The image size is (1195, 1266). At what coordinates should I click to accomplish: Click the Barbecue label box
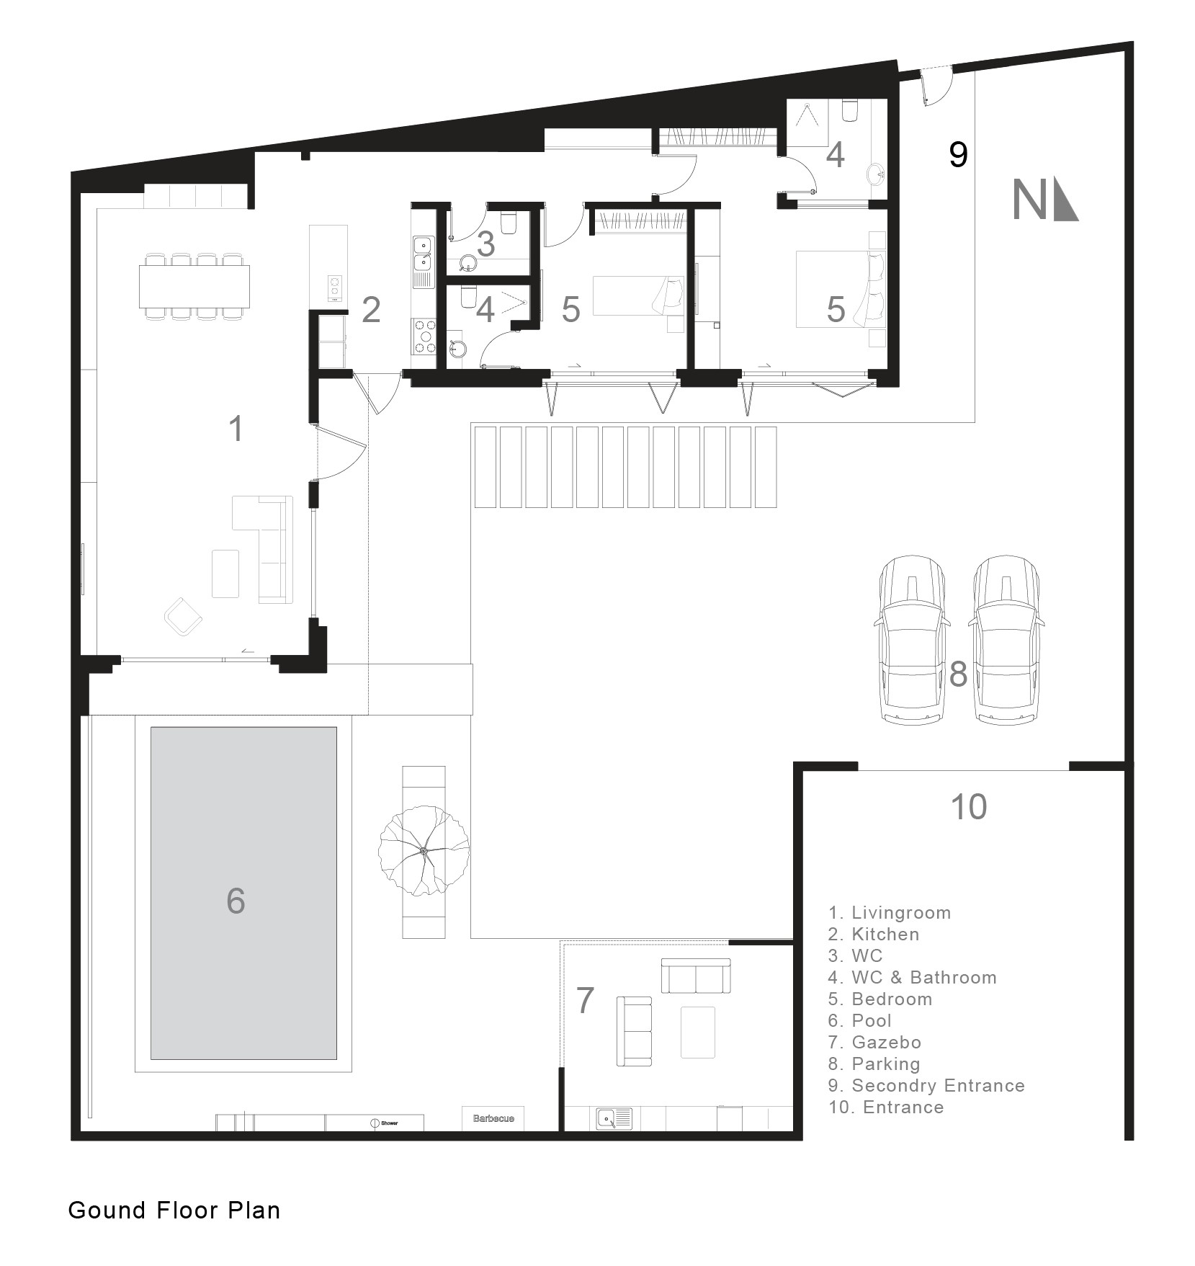[493, 1118]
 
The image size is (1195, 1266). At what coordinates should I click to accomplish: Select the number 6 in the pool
[236, 901]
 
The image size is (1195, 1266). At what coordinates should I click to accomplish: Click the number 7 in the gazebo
[585, 1000]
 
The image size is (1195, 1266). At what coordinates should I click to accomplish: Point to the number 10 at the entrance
[969, 807]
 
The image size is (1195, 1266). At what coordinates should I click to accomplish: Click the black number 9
[958, 154]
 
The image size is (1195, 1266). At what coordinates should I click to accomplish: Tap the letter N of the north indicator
[1029, 200]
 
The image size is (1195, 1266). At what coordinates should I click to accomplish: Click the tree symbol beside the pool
[424, 852]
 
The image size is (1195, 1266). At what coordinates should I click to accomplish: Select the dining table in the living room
[194, 286]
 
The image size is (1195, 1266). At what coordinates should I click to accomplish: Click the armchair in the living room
[183, 616]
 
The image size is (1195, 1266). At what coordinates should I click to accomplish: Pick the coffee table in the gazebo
[697, 1033]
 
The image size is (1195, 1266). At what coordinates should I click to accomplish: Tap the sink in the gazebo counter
[614, 1119]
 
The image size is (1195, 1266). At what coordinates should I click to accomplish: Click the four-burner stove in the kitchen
[424, 336]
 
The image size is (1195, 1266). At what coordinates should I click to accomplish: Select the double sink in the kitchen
[422, 253]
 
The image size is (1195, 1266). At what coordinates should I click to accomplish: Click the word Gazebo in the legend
[886, 1042]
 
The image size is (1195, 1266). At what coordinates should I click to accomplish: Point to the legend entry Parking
[874, 1064]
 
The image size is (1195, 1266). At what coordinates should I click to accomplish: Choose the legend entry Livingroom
[890, 912]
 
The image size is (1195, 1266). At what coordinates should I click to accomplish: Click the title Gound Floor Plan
[174, 1210]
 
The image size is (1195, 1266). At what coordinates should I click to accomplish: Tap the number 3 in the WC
[486, 244]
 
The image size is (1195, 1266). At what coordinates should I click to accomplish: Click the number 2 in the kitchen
[371, 309]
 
